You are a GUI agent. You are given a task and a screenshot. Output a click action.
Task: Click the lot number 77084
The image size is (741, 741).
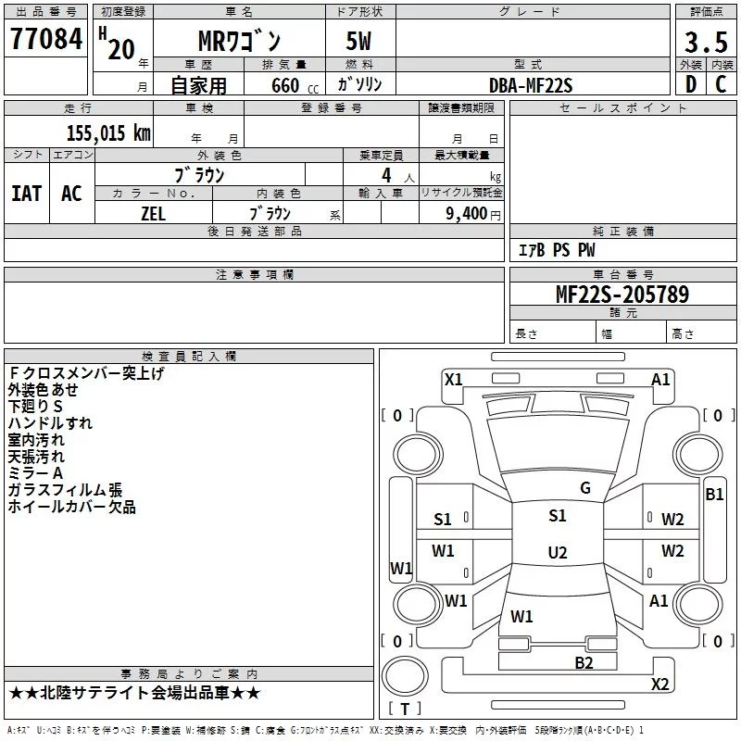[46, 39]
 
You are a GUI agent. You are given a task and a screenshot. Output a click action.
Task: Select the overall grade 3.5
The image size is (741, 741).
[706, 43]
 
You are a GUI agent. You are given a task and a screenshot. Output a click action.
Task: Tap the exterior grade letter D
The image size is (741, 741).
[691, 84]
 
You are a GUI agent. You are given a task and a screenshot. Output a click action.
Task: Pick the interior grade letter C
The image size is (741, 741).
[721, 84]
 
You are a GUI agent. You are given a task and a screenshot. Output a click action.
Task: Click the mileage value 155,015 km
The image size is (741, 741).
[108, 132]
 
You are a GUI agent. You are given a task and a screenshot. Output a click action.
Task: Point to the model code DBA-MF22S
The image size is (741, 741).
[531, 85]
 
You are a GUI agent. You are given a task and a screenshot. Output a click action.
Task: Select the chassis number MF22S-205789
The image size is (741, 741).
[622, 294]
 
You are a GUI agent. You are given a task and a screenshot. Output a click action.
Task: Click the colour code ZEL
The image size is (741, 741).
[153, 214]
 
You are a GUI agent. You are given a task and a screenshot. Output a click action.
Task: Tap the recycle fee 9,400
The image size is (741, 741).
[467, 213]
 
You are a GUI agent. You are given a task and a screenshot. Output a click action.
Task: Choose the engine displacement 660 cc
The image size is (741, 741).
[295, 85]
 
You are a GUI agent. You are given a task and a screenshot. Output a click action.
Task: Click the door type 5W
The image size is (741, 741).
[358, 41]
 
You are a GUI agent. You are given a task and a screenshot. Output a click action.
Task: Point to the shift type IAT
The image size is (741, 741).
[27, 194]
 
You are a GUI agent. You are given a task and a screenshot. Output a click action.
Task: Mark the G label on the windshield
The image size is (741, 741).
[585, 488]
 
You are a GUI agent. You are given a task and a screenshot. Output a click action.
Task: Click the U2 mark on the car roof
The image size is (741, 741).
[558, 552]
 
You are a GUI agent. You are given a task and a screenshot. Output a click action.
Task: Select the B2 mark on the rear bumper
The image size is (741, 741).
[584, 662]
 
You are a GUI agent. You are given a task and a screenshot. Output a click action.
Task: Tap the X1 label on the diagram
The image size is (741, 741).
[454, 379]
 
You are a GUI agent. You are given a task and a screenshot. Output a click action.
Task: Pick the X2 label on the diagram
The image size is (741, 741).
[659, 684]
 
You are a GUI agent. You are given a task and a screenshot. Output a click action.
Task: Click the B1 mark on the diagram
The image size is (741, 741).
[714, 495]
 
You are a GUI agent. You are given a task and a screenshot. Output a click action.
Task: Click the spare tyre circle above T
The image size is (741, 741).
[405, 676]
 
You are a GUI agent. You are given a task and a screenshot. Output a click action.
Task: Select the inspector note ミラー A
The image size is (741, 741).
[35, 473]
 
